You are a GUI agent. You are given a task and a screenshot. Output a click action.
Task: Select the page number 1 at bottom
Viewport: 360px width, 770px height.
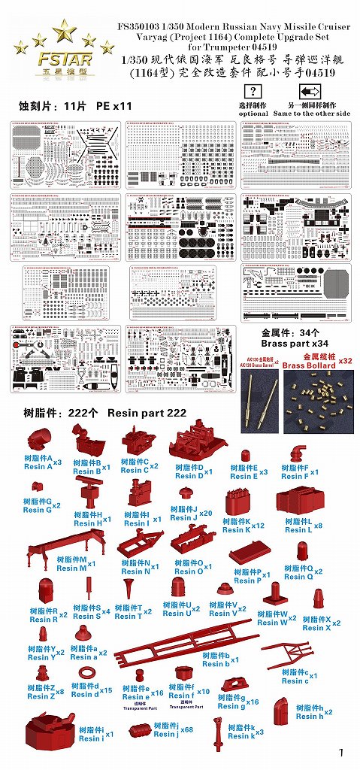click(x=340, y=753)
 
